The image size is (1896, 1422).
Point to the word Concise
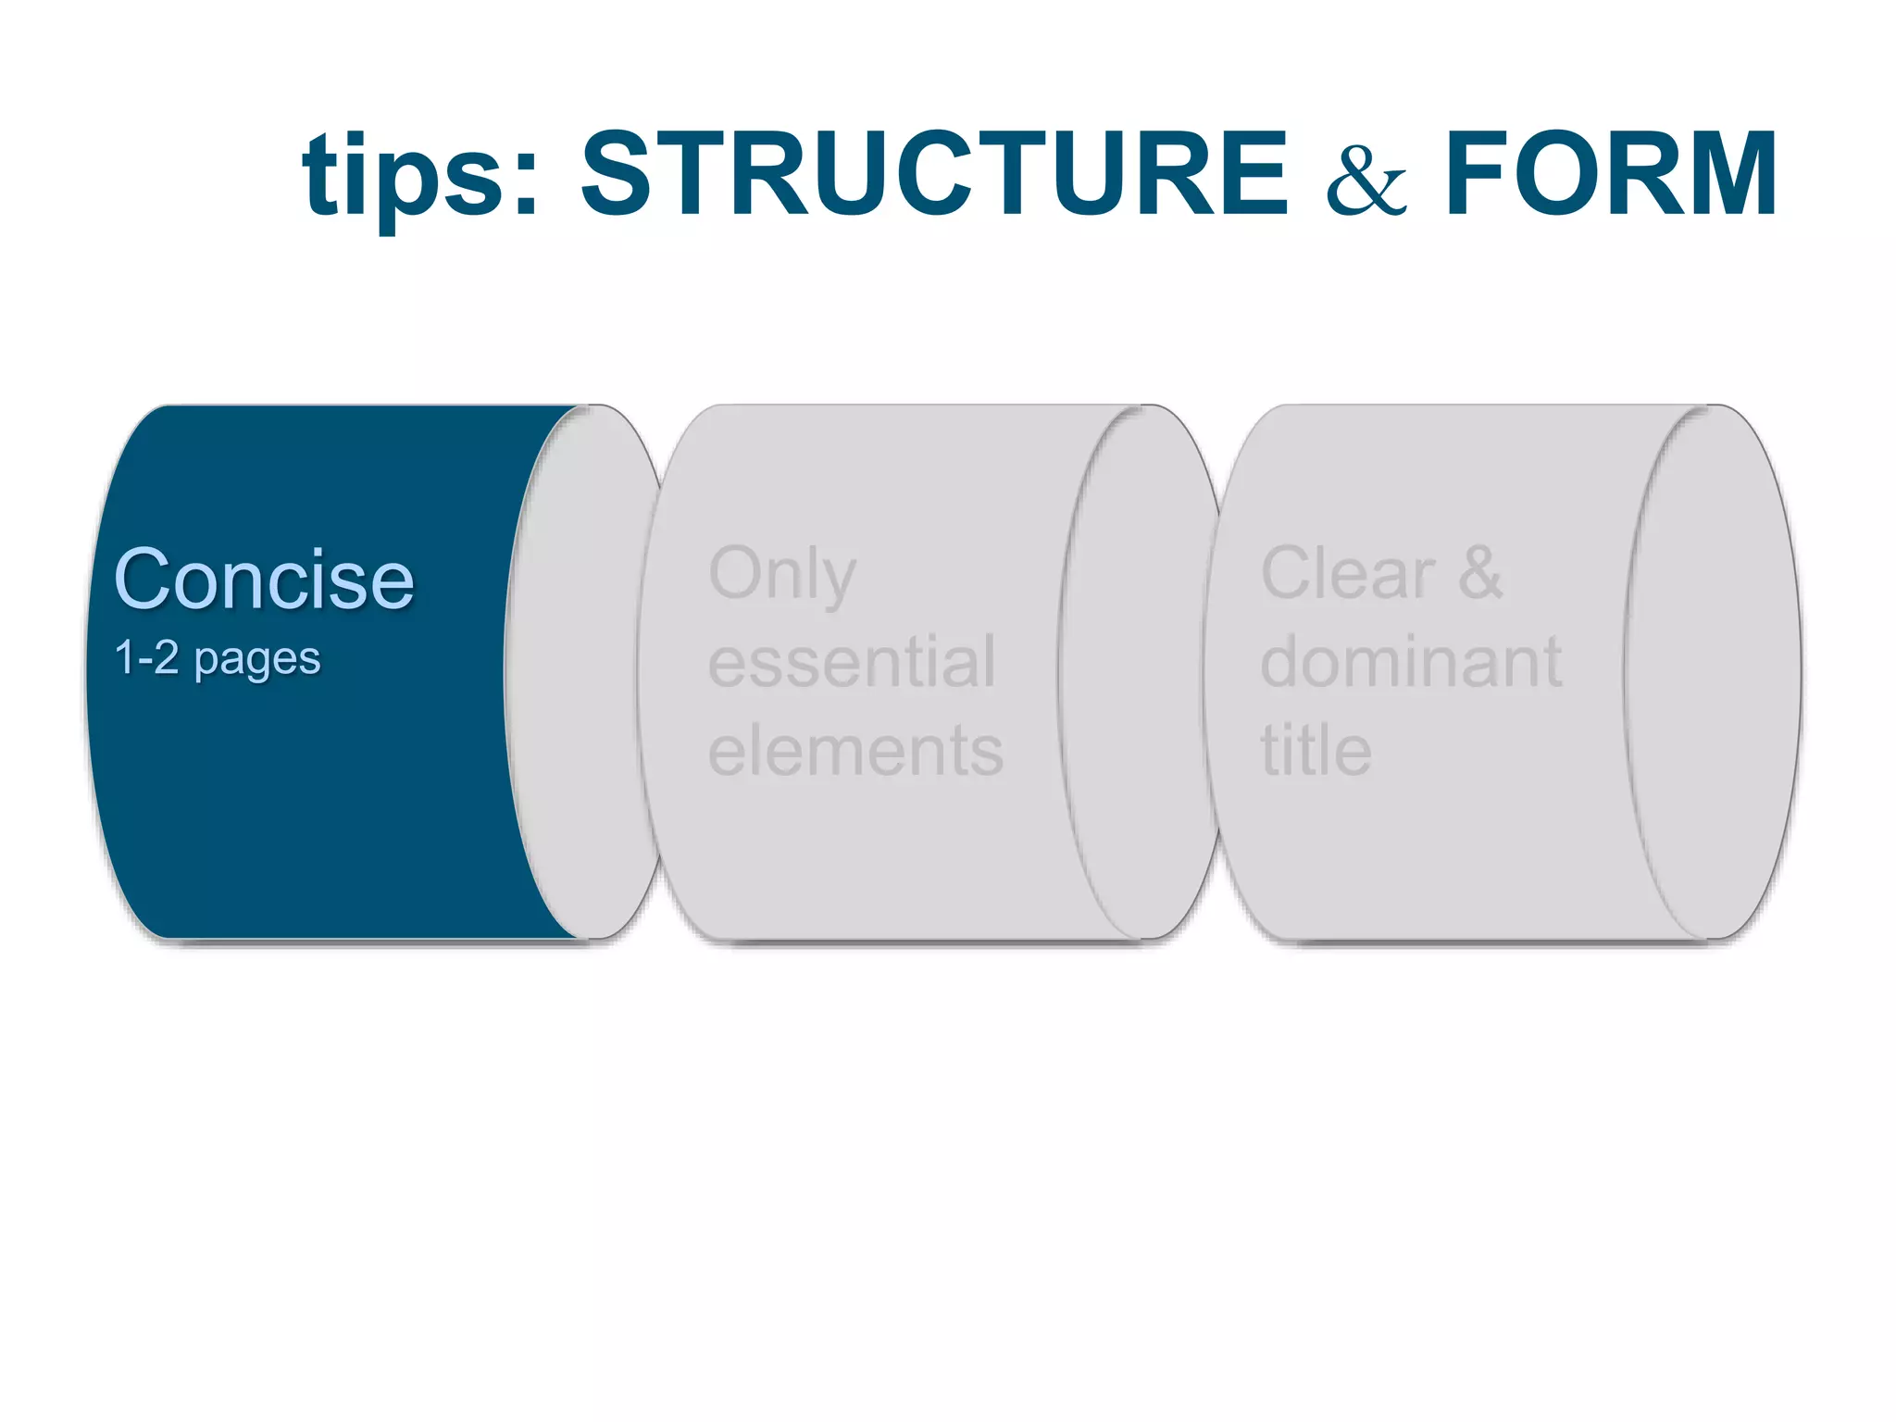point(264,580)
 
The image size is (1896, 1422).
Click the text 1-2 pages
point(217,658)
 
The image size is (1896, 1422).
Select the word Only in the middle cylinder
point(782,574)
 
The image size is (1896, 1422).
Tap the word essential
point(852,662)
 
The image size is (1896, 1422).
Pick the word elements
point(855,750)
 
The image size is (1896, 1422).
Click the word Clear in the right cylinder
point(1348,574)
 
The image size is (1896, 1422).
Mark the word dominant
point(1411,662)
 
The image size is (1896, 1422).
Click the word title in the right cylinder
point(1316,750)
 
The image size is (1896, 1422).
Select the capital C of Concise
point(147,580)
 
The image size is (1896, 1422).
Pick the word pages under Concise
point(257,660)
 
